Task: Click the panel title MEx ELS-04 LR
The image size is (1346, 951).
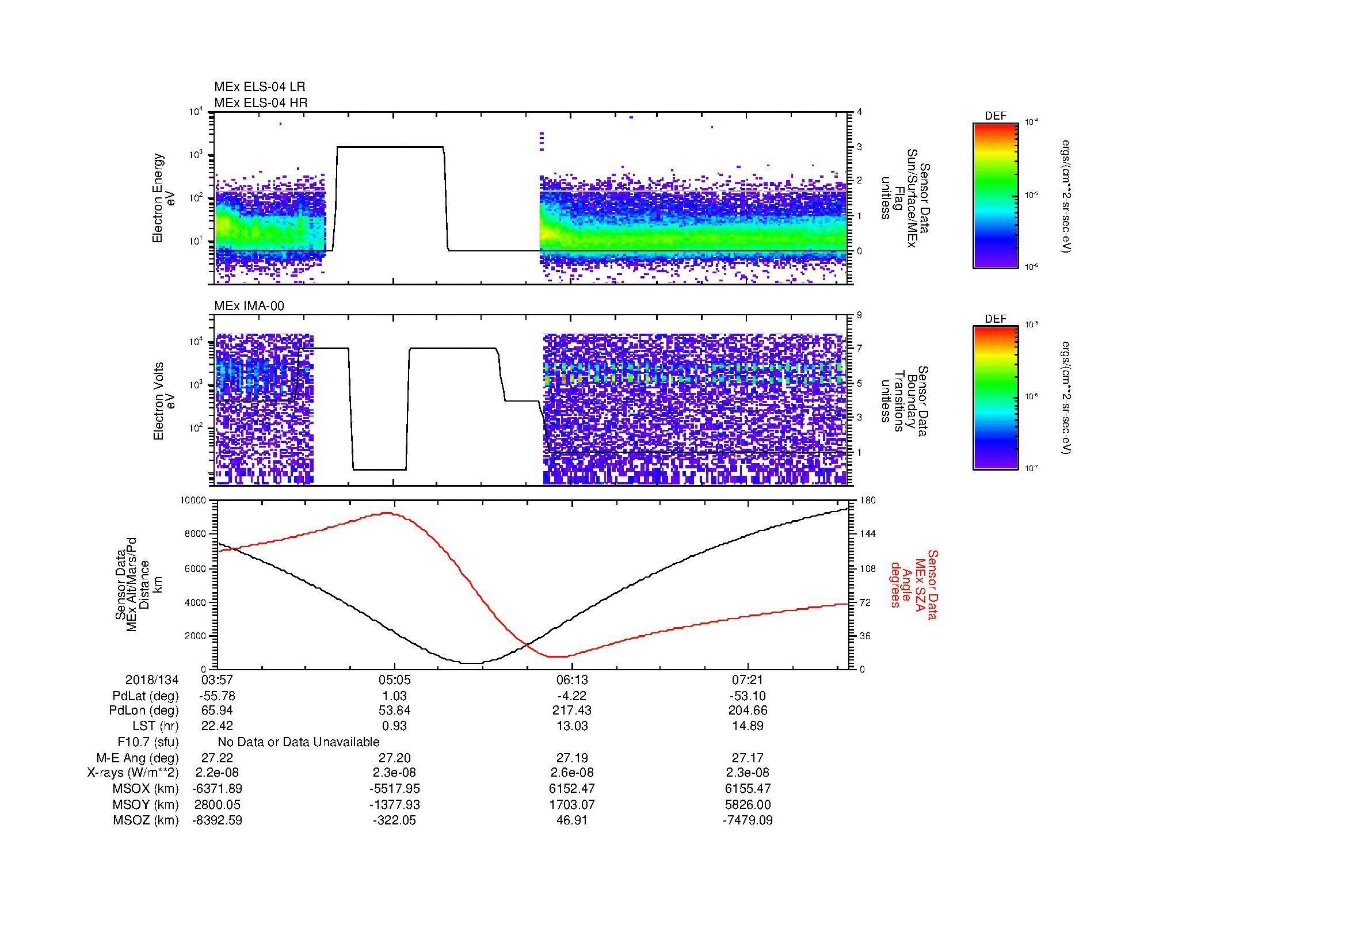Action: [x=259, y=87]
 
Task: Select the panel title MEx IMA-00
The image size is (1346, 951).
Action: [x=249, y=306]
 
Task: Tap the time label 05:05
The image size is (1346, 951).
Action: [x=394, y=680]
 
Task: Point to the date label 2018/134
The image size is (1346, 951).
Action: [x=152, y=680]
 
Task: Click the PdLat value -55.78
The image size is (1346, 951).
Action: [x=218, y=696]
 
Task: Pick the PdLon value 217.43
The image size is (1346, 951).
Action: [x=571, y=711]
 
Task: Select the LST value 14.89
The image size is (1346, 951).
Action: [x=748, y=727]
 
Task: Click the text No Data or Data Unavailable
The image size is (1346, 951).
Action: [x=299, y=742]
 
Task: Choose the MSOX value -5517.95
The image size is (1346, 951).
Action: [x=394, y=789]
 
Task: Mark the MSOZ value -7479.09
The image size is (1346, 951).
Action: [x=748, y=820]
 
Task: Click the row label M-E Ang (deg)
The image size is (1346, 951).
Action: [x=137, y=758]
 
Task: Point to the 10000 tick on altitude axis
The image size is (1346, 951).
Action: [x=193, y=501]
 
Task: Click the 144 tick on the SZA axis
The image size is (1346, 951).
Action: [x=867, y=534]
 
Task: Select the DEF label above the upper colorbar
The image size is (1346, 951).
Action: [x=996, y=117]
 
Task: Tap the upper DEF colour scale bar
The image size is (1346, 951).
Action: [x=996, y=195]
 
